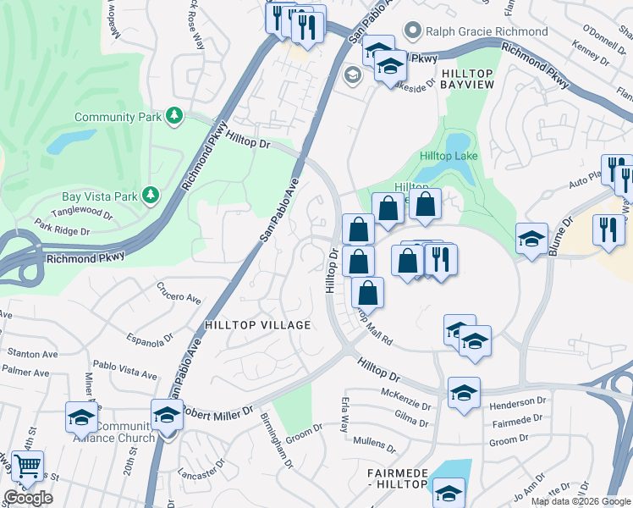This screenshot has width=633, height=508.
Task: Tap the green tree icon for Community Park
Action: click(x=174, y=115)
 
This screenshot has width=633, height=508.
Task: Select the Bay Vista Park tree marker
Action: click(x=151, y=196)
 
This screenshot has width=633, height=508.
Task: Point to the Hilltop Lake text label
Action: click(x=449, y=156)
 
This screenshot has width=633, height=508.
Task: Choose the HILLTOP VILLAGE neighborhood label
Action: click(x=257, y=325)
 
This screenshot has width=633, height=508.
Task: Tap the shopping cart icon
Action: click(x=27, y=467)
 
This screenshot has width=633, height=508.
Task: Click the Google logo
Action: click(x=28, y=498)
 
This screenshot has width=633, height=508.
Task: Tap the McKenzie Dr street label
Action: click(x=406, y=394)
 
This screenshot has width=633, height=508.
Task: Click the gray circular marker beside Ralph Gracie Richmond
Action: click(x=413, y=31)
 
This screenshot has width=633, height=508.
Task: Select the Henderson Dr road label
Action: click(x=518, y=401)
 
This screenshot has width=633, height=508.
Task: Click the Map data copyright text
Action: click(x=581, y=501)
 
